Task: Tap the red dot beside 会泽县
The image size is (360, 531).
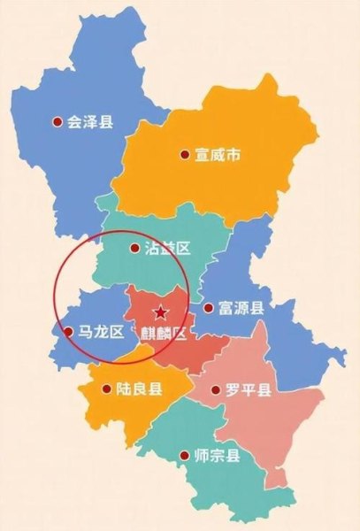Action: coord(58,122)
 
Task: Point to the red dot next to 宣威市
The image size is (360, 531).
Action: coord(185,156)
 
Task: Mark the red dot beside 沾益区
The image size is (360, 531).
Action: coord(134,249)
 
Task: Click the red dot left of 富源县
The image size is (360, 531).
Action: coord(208,309)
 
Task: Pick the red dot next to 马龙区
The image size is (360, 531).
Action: coord(69,332)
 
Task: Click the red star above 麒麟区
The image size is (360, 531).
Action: coord(160,312)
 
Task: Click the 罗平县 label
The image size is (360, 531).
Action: coord(248,389)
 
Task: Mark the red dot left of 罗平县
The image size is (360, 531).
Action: coord(216,389)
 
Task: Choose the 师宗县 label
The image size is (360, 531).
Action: coord(217,457)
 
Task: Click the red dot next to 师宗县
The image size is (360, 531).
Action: coord(185,457)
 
